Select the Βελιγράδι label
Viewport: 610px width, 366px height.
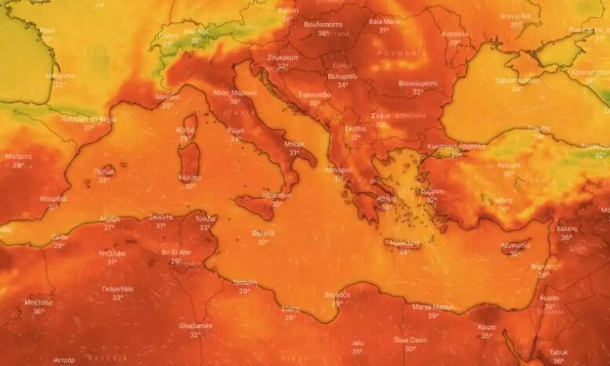[x=342, y=76]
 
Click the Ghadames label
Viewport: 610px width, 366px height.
[x=196, y=326]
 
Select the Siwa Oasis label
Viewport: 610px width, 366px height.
[x=411, y=340]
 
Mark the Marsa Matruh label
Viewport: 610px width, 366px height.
[x=433, y=307]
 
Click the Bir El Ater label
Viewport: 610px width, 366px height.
[x=176, y=253]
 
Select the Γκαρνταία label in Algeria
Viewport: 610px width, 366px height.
[x=118, y=289]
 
